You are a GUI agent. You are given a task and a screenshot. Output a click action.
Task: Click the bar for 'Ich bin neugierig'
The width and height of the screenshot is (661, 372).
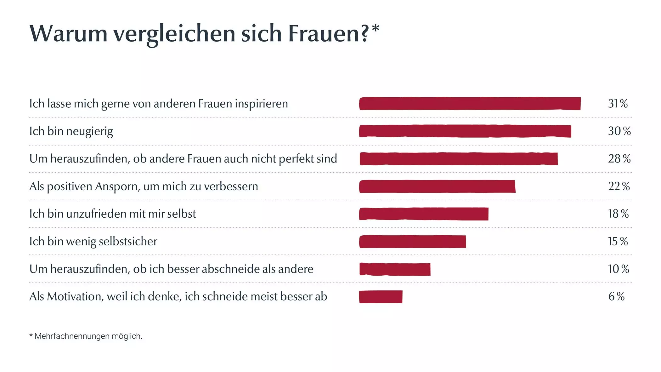point(465,131)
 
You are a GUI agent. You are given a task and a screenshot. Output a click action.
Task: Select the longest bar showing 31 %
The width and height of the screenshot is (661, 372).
point(470,104)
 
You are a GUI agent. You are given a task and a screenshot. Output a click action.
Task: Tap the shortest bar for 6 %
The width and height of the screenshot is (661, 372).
point(381,297)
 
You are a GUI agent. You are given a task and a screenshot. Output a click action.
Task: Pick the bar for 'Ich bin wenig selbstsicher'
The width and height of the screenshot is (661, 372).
point(412,242)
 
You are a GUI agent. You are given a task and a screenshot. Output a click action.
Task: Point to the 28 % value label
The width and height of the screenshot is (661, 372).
point(619,159)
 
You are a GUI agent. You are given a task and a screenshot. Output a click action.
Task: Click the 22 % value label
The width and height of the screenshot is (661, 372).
point(619,186)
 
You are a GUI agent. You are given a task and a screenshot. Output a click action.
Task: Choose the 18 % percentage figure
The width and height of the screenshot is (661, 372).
point(618,214)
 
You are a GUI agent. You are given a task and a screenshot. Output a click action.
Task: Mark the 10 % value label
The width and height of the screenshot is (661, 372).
point(618,269)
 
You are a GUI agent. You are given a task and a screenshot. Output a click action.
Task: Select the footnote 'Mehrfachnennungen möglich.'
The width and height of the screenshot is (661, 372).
point(88,336)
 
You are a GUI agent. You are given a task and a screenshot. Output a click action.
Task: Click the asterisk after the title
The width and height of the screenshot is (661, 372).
point(375,29)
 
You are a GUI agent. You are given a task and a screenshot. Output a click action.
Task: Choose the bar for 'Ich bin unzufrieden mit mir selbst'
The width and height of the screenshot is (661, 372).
point(424,214)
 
